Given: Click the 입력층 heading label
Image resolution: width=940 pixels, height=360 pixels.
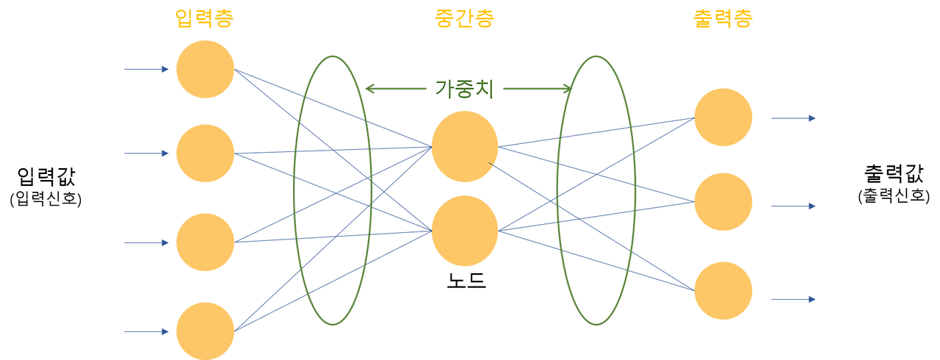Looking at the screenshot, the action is pyautogui.click(x=204, y=18).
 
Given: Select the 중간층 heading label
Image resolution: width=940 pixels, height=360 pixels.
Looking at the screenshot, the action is pyautogui.click(x=465, y=18).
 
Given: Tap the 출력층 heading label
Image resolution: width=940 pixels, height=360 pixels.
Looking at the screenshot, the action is pyautogui.click(x=723, y=18).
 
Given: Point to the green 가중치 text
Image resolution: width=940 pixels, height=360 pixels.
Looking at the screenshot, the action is pyautogui.click(x=464, y=89).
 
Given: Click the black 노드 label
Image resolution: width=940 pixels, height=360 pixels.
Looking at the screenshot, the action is pyautogui.click(x=466, y=281).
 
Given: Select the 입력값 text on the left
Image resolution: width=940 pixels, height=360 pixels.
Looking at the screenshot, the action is pyautogui.click(x=46, y=176).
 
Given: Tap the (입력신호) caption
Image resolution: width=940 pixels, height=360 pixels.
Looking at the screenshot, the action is pyautogui.click(x=46, y=198).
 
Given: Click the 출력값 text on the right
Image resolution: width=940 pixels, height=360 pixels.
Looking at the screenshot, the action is pyautogui.click(x=894, y=173).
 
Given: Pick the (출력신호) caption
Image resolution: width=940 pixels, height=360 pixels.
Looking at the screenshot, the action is pyautogui.click(x=894, y=195).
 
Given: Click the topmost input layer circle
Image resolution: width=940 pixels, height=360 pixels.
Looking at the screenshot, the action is pyautogui.click(x=205, y=69).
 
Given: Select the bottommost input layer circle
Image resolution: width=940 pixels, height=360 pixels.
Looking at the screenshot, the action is pyautogui.click(x=205, y=331).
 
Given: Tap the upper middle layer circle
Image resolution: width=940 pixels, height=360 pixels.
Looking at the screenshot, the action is pyautogui.click(x=465, y=146).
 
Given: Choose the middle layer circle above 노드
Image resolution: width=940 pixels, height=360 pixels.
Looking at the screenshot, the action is pyautogui.click(x=465, y=231).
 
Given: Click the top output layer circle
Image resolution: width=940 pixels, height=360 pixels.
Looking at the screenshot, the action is pyautogui.click(x=723, y=117).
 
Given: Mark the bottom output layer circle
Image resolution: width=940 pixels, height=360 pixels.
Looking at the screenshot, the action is pyautogui.click(x=723, y=291).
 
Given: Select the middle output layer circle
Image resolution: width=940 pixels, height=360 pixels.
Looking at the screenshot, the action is pyautogui.click(x=723, y=202).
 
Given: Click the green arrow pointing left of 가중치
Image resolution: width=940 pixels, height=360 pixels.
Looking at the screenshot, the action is pyautogui.click(x=396, y=89).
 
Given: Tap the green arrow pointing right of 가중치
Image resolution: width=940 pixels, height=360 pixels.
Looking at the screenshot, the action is pyautogui.click(x=538, y=89).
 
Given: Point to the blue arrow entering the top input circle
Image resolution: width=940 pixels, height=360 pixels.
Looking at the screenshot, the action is pyautogui.click(x=146, y=69).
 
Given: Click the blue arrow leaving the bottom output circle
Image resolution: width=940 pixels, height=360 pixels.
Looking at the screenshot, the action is pyautogui.click(x=793, y=299).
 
